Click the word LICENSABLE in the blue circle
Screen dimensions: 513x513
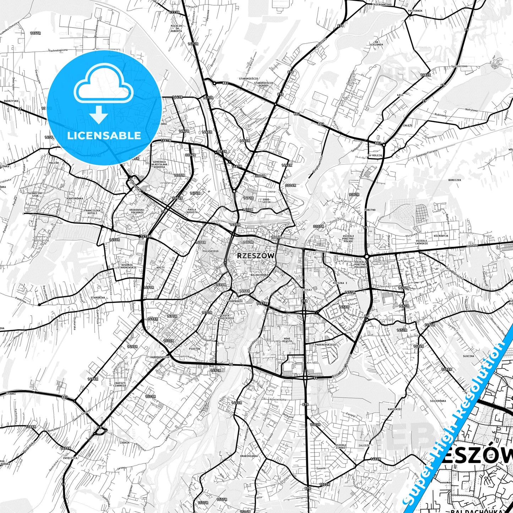click(104, 135)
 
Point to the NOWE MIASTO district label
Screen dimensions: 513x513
click(288, 340)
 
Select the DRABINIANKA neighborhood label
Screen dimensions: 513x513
click(249, 456)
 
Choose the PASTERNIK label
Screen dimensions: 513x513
click(415, 11)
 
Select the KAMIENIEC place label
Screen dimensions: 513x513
click(395, 409)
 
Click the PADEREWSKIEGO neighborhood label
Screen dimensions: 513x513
click(325, 345)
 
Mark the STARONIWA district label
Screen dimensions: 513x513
click(98, 298)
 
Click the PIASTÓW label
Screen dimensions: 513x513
click(195, 349)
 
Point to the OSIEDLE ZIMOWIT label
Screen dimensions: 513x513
click(341, 447)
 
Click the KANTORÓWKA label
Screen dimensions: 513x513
click(75, 198)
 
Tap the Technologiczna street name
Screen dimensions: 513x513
click(58, 50)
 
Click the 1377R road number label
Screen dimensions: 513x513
click(36, 33)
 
